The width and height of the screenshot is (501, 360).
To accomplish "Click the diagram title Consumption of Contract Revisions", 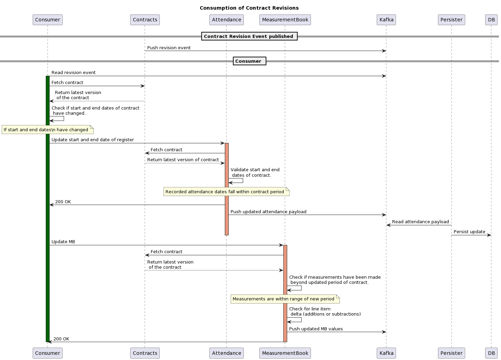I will pyautogui.click(x=249, y=8).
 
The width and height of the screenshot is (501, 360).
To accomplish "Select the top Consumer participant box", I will pyautogui.click(x=48, y=20).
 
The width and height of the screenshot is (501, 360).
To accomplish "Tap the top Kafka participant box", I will pyautogui.click(x=386, y=20).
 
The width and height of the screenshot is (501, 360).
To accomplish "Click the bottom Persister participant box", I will pyautogui.click(x=451, y=353).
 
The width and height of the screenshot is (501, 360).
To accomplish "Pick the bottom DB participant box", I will pyautogui.click(x=491, y=353).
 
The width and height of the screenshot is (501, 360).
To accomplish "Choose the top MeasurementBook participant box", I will pyautogui.click(x=285, y=20).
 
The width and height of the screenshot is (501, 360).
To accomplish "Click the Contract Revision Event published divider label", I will pyautogui.click(x=249, y=36).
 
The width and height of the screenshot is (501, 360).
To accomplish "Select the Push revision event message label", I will pyautogui.click(x=169, y=48).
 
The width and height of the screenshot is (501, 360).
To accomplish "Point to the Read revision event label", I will pyautogui.click(x=73, y=73).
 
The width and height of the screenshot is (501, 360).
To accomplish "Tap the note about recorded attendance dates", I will pyautogui.click(x=226, y=192).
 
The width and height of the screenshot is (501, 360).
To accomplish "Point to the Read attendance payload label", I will pyautogui.click(x=420, y=222).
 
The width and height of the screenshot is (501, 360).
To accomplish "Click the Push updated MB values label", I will pyautogui.click(x=316, y=329).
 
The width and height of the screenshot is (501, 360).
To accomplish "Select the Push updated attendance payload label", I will pyautogui.click(x=268, y=212).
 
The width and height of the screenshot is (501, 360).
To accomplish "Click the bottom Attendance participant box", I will pyautogui.click(x=226, y=353).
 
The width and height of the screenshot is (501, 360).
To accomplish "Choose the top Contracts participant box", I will pyautogui.click(x=145, y=20).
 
